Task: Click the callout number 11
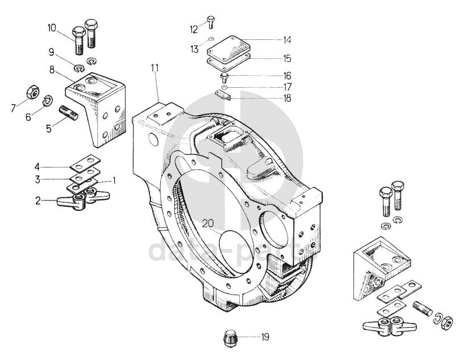tap(154, 68)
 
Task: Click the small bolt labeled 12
tap(211, 22)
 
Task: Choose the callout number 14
tap(287, 40)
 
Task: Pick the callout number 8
tap(52, 71)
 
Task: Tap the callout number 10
tap(52, 27)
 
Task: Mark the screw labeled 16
tap(224, 75)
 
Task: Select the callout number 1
tap(114, 181)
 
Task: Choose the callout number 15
tap(287, 58)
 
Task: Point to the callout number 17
tap(287, 87)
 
